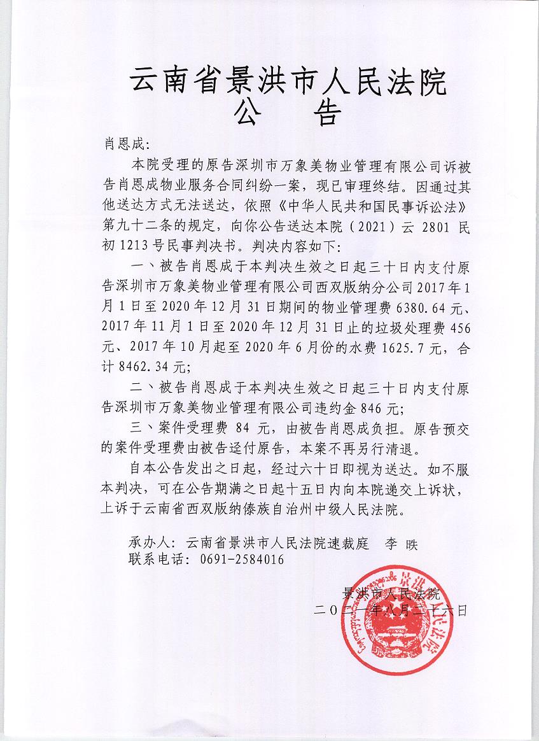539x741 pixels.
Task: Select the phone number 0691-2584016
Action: (234, 560)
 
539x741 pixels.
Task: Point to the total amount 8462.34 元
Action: (153, 367)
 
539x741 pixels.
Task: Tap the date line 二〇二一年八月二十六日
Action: (390, 610)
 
